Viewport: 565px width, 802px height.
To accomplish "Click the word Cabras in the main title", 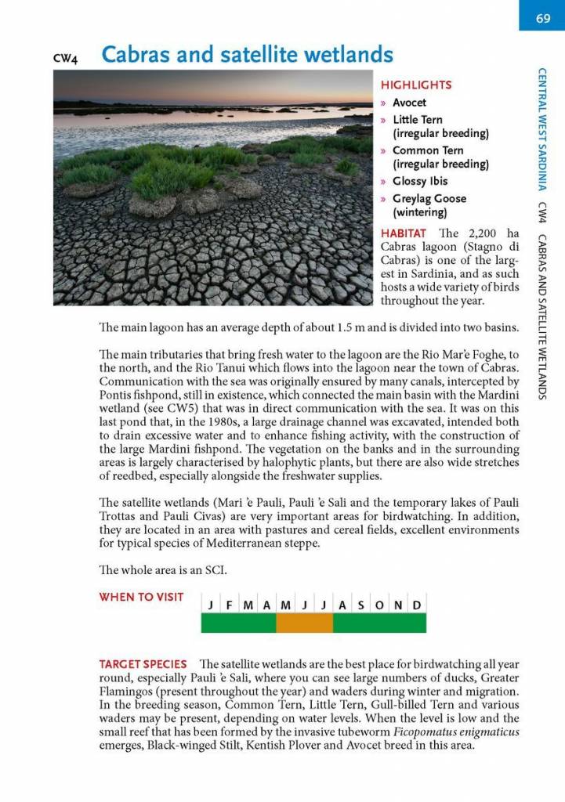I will click(140, 55).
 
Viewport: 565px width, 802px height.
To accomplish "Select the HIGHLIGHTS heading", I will click(416, 85).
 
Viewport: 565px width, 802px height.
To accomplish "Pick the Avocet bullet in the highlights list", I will click(410, 103).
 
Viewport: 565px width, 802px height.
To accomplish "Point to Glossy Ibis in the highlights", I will click(420, 181).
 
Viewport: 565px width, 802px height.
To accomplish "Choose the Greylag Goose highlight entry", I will click(429, 199).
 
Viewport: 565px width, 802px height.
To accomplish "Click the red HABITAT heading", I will click(403, 233).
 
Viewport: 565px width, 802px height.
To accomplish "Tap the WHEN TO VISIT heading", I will click(141, 597).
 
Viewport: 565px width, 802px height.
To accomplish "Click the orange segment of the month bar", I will click(305, 623).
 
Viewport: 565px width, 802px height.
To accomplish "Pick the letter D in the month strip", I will click(417, 605).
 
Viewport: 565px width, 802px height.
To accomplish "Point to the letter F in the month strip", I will click(229, 605).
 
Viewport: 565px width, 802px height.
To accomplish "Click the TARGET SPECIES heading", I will click(143, 664).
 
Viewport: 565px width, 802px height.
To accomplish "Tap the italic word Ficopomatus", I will click(427, 732).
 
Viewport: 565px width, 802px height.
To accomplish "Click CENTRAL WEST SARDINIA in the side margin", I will click(542, 128).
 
